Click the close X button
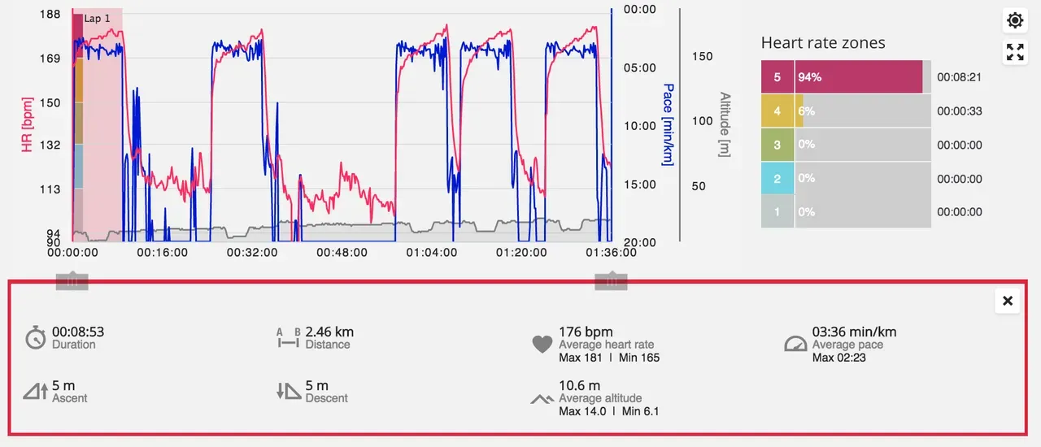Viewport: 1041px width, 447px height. (1008, 302)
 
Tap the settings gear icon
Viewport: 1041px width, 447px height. (1015, 20)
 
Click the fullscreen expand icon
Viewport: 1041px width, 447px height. (1015, 53)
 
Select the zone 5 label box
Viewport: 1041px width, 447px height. (777, 77)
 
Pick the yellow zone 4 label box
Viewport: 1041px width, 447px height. (777, 111)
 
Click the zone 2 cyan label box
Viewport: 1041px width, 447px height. (777, 179)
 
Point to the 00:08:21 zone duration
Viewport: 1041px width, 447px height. (960, 77)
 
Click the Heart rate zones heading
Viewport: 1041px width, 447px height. (823, 43)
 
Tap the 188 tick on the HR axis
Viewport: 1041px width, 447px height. (50, 15)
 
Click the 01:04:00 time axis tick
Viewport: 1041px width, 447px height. (432, 253)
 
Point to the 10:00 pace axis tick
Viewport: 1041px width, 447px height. (639, 126)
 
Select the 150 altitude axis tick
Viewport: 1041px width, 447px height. (702, 56)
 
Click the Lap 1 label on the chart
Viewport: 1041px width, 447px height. (97, 18)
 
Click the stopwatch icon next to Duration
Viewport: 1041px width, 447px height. (35, 338)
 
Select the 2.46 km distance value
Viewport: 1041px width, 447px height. (329, 332)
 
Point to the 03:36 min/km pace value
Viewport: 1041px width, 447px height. (854, 332)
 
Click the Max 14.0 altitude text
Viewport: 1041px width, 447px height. (582, 411)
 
